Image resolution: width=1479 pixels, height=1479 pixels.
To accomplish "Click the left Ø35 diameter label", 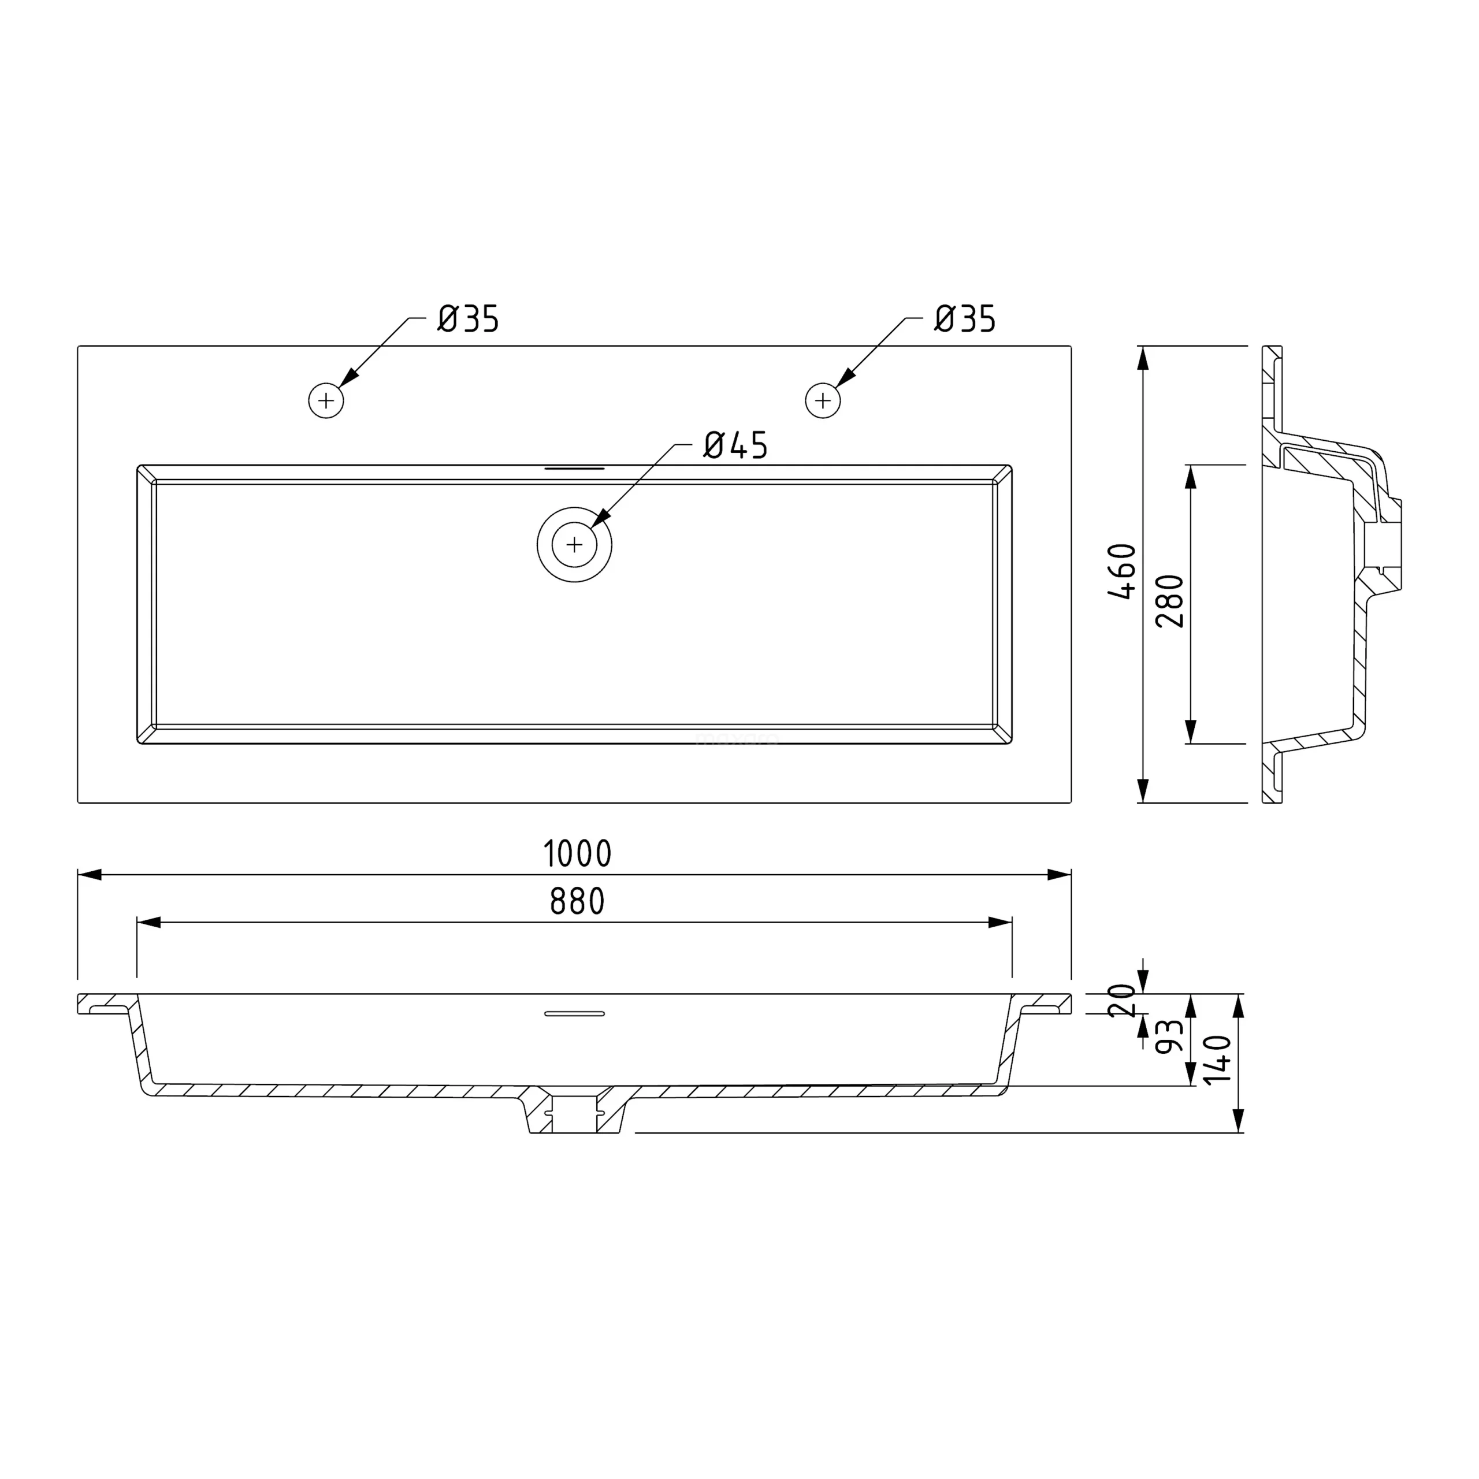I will coord(468,318).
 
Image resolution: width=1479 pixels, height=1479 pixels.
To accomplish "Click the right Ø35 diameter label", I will coord(965,318).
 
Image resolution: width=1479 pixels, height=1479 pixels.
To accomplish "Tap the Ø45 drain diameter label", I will coord(735,445).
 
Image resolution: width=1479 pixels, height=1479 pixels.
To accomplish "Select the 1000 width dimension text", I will coord(577,853).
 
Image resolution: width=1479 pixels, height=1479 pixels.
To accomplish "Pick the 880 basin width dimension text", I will coord(577,902).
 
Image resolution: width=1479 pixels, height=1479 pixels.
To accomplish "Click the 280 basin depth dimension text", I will coord(1170,601).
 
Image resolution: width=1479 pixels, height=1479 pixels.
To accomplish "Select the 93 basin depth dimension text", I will coord(1170,1037).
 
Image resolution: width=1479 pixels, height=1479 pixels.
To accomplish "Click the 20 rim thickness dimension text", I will coord(1123,1000).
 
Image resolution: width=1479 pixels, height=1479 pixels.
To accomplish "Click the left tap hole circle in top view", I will coord(326,400).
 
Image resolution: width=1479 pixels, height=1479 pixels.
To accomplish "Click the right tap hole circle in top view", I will coord(823,400).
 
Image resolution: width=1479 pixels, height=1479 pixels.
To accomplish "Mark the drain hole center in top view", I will coord(574,545).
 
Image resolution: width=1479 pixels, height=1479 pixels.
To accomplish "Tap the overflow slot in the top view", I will coord(574,468).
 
